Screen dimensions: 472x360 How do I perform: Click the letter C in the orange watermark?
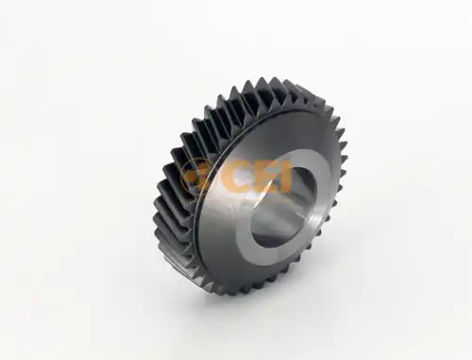tap(236, 178)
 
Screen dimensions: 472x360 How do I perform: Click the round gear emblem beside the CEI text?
tap(198, 177)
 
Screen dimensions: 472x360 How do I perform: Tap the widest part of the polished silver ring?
tap(227, 217)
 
